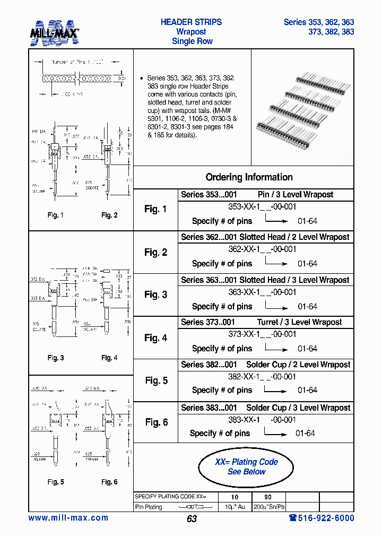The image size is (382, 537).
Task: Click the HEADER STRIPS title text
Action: pyautogui.click(x=191, y=22)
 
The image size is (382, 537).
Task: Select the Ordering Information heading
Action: pyautogui.click(x=249, y=177)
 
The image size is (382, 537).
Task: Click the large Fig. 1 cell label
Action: pyautogui.click(x=155, y=209)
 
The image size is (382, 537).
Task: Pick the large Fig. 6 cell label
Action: pyautogui.click(x=157, y=422)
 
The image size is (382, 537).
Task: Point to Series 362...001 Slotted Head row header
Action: pyautogui.click(x=265, y=237)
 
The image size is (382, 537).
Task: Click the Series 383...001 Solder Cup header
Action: pyautogui.click(x=265, y=408)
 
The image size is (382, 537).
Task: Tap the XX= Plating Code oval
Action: pyautogui.click(x=246, y=467)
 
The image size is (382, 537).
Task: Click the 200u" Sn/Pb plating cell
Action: pyautogui.click(x=269, y=507)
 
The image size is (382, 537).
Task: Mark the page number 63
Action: pyautogui.click(x=192, y=518)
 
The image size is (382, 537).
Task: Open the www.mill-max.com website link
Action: pyautogui.click(x=68, y=518)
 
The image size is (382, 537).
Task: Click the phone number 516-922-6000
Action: pyautogui.click(x=322, y=518)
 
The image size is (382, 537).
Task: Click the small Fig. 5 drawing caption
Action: pyautogui.click(x=56, y=482)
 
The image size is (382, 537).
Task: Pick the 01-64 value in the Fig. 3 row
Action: pyautogui.click(x=307, y=307)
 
